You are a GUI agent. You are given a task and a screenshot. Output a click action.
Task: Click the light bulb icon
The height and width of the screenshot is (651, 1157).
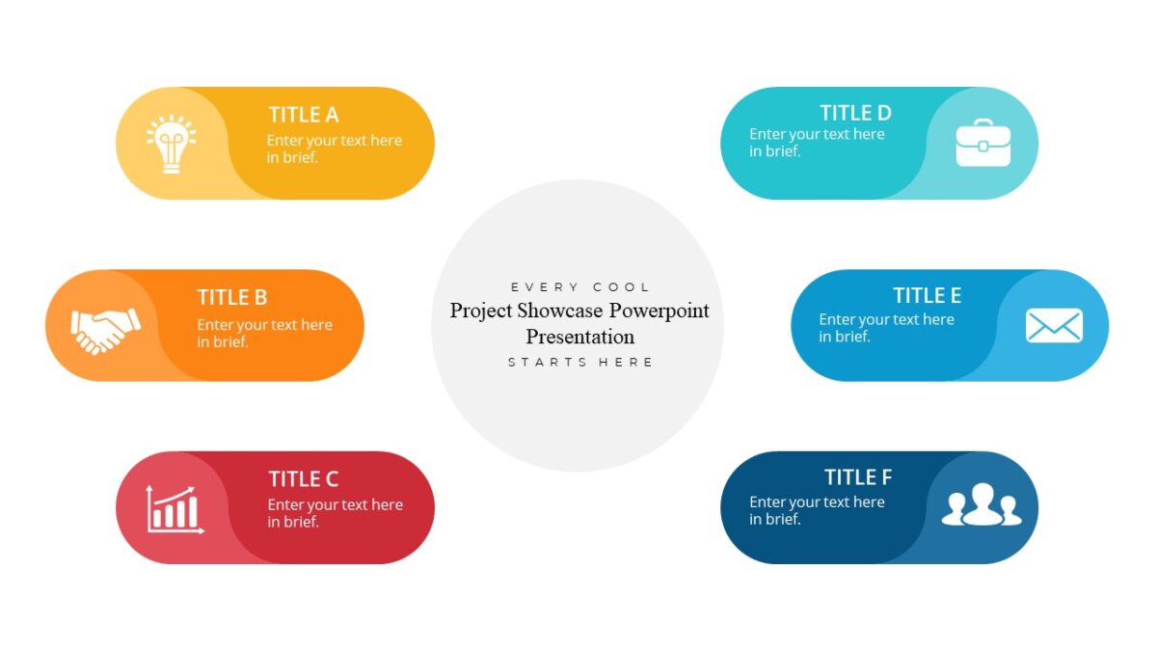(x=172, y=144)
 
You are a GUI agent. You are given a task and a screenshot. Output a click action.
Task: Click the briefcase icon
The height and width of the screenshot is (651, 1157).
(x=983, y=143)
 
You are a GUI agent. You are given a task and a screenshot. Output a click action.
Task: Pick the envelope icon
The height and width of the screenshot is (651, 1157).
(x=1054, y=326)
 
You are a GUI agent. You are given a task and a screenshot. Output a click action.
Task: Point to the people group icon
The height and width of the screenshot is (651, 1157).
(x=981, y=504)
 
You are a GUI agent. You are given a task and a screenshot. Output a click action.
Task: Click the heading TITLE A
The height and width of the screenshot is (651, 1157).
(x=304, y=115)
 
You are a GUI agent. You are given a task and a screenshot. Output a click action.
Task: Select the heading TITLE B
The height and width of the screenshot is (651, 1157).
(x=232, y=297)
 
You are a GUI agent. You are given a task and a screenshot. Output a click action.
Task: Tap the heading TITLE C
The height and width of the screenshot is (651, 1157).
(x=304, y=479)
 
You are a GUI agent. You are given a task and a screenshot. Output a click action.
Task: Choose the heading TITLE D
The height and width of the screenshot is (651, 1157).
(x=855, y=113)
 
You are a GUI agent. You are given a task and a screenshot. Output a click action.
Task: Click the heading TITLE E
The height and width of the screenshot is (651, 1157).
(x=927, y=295)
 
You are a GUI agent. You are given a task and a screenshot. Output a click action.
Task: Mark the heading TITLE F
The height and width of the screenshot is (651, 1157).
(x=858, y=477)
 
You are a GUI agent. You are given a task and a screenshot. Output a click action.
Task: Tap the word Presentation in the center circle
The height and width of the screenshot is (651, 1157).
(x=579, y=337)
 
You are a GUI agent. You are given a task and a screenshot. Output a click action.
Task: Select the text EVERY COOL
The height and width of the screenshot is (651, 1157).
(x=580, y=287)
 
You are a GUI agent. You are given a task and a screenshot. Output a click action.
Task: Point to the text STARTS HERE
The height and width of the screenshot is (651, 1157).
(x=580, y=363)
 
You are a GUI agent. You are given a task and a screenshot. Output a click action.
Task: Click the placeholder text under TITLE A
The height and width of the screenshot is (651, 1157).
(x=334, y=149)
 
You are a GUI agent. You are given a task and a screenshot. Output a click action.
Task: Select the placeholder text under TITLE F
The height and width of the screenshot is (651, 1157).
(x=816, y=510)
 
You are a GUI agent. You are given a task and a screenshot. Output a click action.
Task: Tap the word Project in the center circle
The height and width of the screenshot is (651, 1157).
(x=480, y=311)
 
